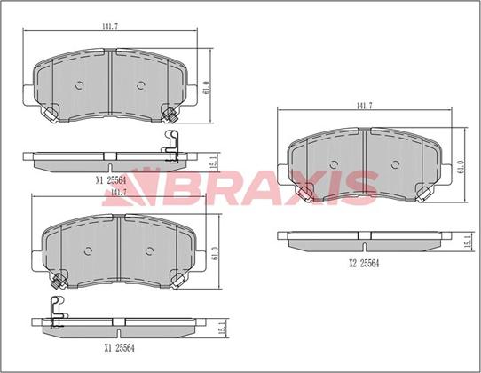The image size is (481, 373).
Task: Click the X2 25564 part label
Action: click(x=364, y=264)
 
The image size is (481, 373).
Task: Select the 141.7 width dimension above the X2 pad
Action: click(x=364, y=106)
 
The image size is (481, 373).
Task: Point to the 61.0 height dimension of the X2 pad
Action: click(x=461, y=166)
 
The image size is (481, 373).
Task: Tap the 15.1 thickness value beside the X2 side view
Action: click(x=468, y=242)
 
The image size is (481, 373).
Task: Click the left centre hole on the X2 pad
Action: click(x=334, y=164)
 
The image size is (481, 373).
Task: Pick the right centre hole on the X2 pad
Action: click(x=396, y=164)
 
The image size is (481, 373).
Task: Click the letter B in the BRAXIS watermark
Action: click(x=183, y=188)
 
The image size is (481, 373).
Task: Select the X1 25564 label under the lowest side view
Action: click(x=120, y=348)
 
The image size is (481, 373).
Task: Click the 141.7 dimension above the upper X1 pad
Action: click(x=110, y=27)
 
